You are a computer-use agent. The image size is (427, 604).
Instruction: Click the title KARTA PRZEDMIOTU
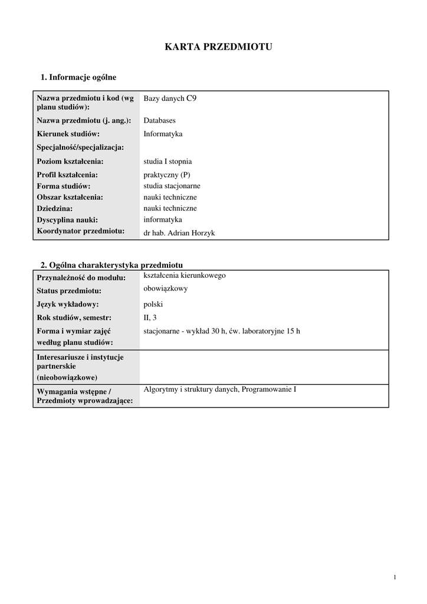218,47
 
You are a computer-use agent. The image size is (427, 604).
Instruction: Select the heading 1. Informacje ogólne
78,77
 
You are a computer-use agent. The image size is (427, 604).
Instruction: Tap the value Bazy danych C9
170,99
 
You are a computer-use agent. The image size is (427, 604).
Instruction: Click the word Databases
159,120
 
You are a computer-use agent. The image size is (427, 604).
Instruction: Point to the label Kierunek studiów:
68,134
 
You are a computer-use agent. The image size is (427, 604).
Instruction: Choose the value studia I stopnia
167,161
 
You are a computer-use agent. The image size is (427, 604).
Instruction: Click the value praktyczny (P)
167,175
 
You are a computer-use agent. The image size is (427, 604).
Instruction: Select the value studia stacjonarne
172,186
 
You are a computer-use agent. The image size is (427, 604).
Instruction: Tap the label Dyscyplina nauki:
67,220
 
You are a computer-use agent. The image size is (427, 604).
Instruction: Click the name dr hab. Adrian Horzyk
179,233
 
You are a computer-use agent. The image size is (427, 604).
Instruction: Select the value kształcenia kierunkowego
185,275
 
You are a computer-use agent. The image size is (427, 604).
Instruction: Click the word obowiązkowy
166,288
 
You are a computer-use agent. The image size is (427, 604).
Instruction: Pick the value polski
153,304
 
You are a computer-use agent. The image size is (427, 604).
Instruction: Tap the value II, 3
150,318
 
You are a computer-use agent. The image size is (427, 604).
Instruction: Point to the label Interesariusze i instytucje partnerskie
80,362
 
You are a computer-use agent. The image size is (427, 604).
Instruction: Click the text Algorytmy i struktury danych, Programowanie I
219,390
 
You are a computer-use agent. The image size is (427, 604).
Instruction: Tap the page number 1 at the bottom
395,577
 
